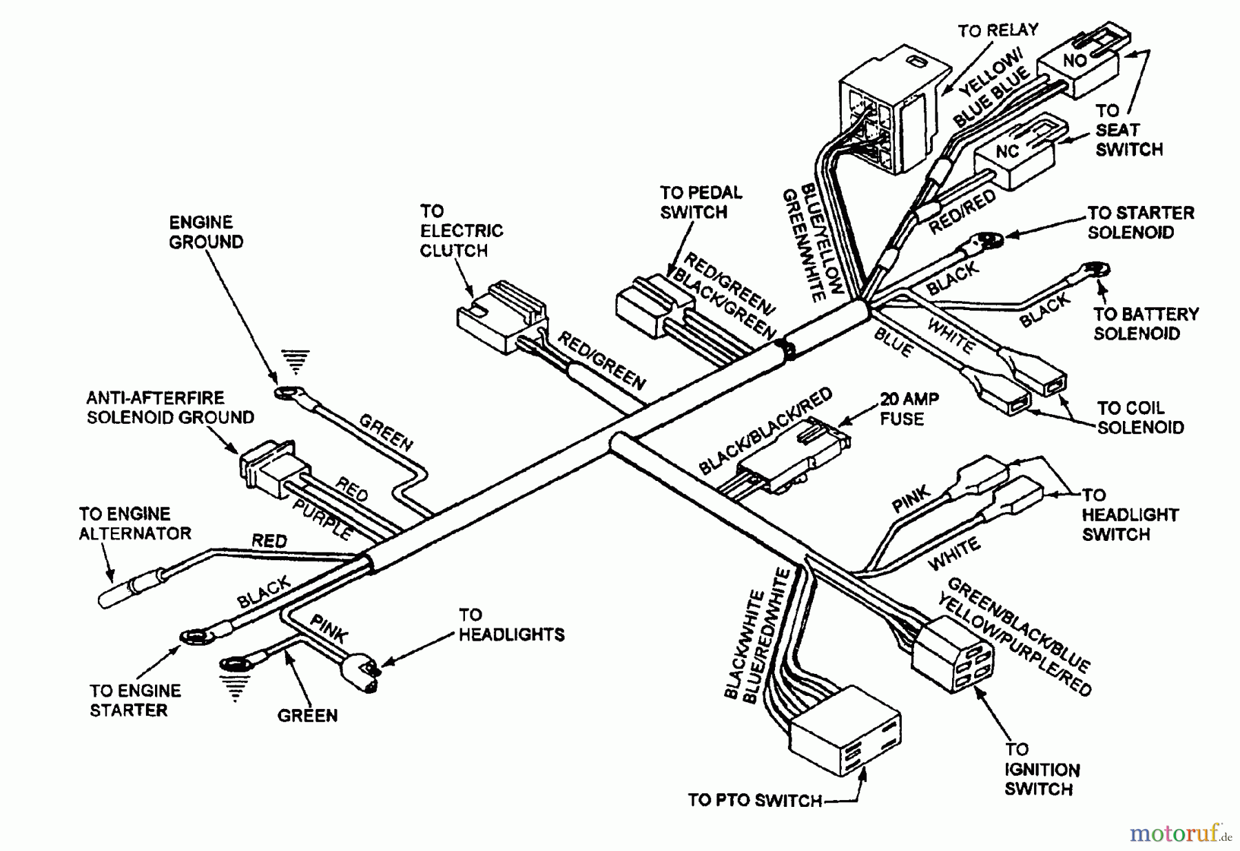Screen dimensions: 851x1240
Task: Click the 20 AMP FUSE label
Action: pyautogui.click(x=909, y=409)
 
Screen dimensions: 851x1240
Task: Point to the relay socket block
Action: pyautogui.click(x=885, y=110)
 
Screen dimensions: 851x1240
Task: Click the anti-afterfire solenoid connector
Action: pyautogui.click(x=269, y=468)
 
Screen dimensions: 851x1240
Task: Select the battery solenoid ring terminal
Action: pyautogui.click(x=1097, y=271)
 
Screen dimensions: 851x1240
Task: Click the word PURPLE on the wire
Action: pyautogui.click(x=322, y=520)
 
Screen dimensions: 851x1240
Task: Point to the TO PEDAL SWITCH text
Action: pyautogui.click(x=700, y=202)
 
